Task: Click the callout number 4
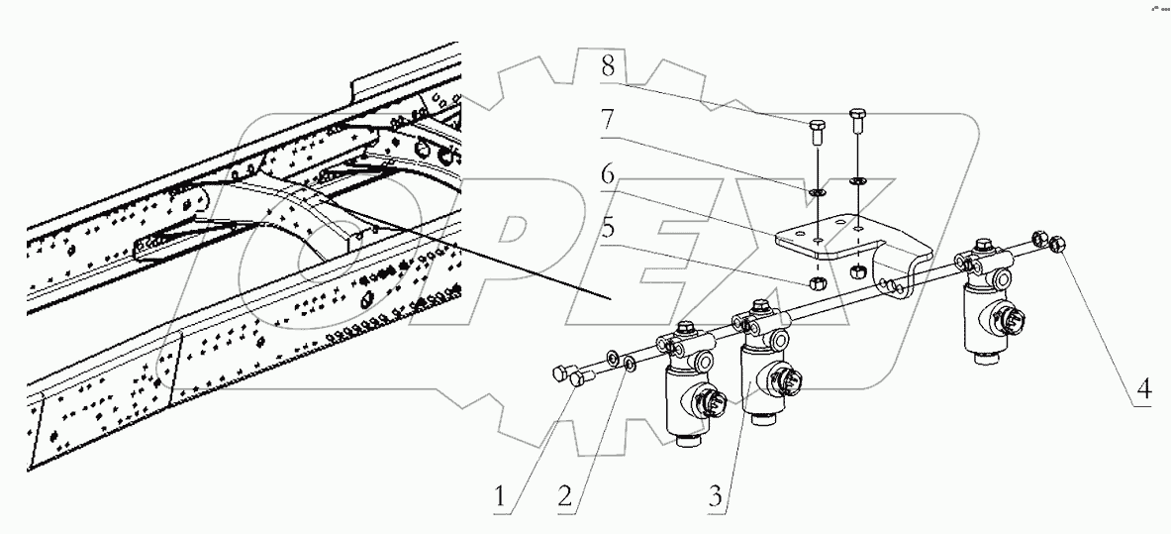coord(1142,389)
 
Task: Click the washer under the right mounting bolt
coord(856,181)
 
